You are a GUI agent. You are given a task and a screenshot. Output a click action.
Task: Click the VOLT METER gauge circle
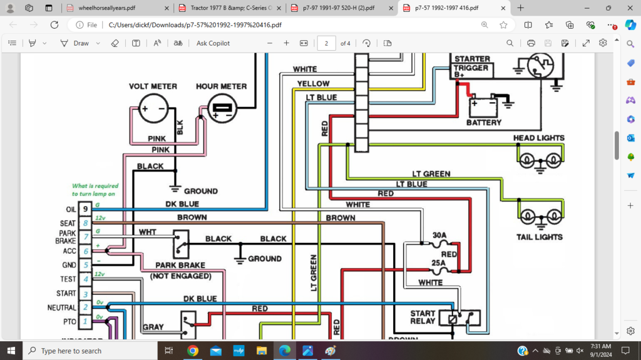(153, 109)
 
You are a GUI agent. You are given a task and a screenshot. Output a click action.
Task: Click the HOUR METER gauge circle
(221, 109)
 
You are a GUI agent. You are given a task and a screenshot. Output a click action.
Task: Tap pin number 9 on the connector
(85, 209)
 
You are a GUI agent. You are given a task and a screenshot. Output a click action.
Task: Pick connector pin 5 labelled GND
(85, 265)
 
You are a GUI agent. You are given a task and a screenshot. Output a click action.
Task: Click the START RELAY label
(423, 317)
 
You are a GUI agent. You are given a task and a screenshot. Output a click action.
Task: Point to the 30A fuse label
(439, 236)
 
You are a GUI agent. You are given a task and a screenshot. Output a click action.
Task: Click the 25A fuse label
(439, 263)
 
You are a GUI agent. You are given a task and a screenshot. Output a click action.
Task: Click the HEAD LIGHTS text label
(538, 138)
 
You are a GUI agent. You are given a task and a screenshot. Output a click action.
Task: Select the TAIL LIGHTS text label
(539, 237)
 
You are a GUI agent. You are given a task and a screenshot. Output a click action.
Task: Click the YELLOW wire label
(313, 83)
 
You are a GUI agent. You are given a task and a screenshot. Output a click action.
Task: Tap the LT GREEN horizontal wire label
(431, 173)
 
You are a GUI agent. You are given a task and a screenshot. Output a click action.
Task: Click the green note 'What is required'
(95, 190)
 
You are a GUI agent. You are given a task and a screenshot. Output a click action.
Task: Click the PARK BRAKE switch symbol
(181, 244)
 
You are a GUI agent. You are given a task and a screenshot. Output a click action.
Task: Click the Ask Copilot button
(213, 43)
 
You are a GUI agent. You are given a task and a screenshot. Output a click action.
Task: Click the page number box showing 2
(326, 43)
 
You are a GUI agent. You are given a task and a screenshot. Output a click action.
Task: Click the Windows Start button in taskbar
(11, 351)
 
